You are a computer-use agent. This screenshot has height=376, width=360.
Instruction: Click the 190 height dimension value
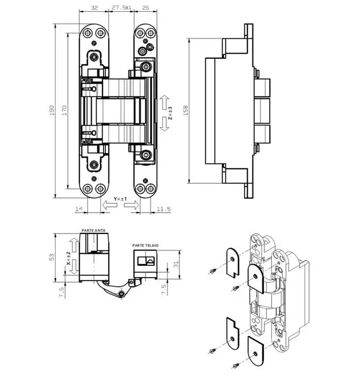click(52, 110)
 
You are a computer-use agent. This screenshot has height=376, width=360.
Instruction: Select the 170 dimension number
click(65, 110)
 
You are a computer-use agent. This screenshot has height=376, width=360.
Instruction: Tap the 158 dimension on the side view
click(186, 110)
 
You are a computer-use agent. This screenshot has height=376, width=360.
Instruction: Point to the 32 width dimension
click(95, 8)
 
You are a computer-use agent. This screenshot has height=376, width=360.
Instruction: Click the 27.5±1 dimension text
click(122, 7)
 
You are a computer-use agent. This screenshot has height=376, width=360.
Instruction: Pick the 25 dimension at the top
click(145, 8)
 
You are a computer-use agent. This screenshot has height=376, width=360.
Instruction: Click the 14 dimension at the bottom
click(79, 209)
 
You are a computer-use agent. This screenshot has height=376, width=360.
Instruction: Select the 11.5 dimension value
click(164, 209)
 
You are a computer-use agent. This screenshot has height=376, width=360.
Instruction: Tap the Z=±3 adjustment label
click(170, 113)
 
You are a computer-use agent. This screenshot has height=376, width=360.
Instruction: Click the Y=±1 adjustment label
click(120, 199)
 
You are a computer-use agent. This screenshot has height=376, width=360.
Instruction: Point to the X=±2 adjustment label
click(68, 258)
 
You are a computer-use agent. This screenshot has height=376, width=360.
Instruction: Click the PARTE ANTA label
click(93, 231)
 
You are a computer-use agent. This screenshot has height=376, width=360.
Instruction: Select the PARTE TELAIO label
click(145, 245)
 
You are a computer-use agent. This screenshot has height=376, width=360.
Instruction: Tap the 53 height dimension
click(52, 257)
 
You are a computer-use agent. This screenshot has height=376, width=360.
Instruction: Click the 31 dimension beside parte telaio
click(176, 264)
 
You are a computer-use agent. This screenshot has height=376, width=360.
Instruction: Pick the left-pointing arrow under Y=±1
click(110, 205)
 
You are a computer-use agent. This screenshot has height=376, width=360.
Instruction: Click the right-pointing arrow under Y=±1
click(131, 205)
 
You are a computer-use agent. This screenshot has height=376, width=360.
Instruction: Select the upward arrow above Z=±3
click(164, 102)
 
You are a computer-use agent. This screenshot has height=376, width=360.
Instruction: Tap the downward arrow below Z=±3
click(164, 124)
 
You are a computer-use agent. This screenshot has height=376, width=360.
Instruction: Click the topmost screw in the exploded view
click(213, 271)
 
